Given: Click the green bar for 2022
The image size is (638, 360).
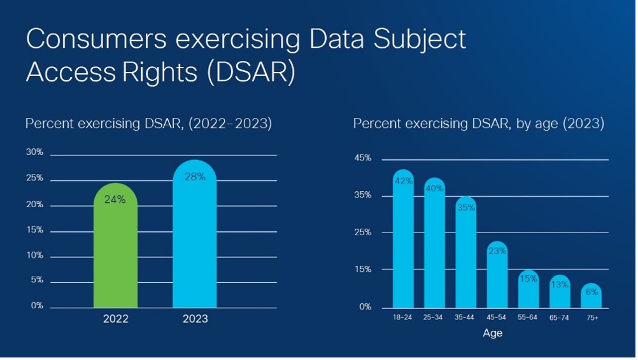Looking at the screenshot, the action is click(115, 245).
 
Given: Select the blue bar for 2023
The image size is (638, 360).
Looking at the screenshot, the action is click(194, 234).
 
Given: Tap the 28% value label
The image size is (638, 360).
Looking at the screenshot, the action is click(195, 176).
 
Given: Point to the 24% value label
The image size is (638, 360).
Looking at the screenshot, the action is click(115, 199).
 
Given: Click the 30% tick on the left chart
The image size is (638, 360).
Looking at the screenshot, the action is click(34, 152).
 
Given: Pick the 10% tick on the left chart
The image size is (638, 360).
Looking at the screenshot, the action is click(34, 256).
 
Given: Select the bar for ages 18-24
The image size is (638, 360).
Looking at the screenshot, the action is click(403, 239).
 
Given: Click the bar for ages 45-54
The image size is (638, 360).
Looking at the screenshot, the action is click(497, 275).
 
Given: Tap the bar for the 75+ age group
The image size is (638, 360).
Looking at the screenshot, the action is click(592, 295).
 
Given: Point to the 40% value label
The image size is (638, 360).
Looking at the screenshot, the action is click(434, 189).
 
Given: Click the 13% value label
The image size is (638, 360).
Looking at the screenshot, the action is click(560, 285).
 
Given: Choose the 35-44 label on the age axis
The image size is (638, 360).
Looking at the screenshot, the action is click(464, 317).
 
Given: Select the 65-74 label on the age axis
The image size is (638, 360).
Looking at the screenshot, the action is click(559, 318).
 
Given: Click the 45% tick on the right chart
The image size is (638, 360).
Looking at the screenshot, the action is click(363, 157).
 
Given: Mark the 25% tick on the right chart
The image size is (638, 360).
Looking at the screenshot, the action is click(363, 232).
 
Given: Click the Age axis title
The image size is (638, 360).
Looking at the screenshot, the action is click(493, 333).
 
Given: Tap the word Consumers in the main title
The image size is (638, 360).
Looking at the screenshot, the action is click(96, 39).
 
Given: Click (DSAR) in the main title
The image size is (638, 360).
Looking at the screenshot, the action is click(251, 72).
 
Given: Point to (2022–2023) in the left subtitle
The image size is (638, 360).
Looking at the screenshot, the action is click(230, 123).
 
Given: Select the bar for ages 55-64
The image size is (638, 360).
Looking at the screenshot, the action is click(528, 289).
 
